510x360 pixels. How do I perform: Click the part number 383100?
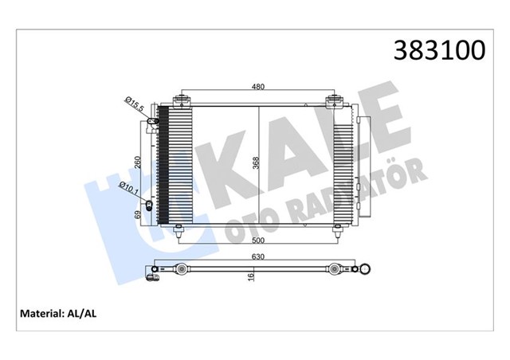coord(437,50)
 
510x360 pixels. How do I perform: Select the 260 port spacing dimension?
coord(138,163)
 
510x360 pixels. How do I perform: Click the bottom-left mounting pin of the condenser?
coord(178,232)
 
